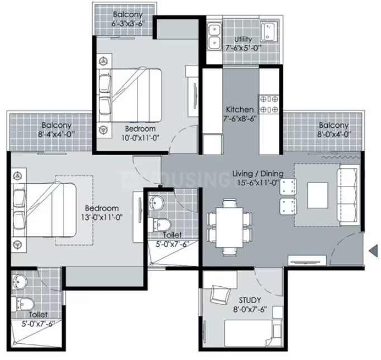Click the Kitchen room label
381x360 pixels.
point(240,109)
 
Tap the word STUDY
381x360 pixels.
point(250,300)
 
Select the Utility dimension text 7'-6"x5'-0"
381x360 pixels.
point(243,48)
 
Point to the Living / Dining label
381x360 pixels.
point(258,174)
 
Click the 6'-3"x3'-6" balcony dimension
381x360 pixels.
point(128,23)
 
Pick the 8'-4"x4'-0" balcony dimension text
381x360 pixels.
point(56,134)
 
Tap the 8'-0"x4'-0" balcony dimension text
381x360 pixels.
point(334,134)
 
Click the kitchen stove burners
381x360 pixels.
point(269,104)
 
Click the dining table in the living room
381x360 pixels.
point(230,227)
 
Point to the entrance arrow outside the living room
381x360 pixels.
point(373,251)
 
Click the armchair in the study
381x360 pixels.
point(220,295)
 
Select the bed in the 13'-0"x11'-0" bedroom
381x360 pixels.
point(44,210)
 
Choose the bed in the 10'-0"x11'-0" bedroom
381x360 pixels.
point(129,95)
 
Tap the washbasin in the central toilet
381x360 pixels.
point(156,203)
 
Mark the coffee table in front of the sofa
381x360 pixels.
point(317,195)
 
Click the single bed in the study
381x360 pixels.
point(253,333)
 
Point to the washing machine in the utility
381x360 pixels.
point(269,32)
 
